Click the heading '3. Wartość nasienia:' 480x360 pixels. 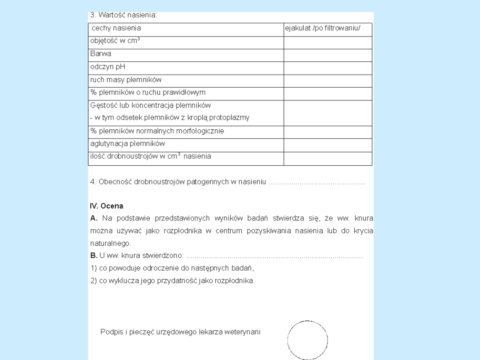(x=123, y=15)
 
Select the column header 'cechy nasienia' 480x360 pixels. (x=116, y=28)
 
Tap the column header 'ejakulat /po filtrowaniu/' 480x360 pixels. (x=323, y=28)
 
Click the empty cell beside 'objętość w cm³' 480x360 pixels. (x=328, y=43)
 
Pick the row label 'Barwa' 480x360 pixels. (x=101, y=54)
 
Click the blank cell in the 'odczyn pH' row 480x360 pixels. (x=328, y=68)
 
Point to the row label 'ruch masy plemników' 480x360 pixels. (x=126, y=80)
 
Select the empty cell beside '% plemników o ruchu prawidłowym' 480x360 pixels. (x=328, y=94)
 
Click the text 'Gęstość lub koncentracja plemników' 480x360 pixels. (x=151, y=106)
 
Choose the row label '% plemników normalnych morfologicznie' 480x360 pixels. (x=157, y=131)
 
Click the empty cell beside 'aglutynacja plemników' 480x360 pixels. (x=328, y=145)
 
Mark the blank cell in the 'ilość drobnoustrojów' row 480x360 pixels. (x=328, y=159)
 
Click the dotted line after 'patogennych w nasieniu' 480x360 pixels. (x=317, y=182)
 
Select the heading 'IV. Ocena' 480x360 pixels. (x=107, y=206)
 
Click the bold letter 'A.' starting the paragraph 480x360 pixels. (x=94, y=218)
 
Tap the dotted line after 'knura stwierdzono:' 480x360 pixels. (x=274, y=256)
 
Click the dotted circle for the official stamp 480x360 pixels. (x=308, y=340)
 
